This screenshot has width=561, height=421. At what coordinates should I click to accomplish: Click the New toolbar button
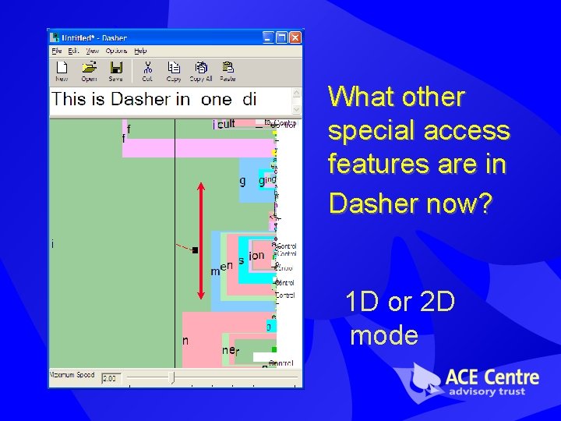point(62,70)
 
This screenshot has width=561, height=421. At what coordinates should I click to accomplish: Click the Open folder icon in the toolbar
point(89,70)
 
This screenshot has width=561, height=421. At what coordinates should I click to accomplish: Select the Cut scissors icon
point(147,70)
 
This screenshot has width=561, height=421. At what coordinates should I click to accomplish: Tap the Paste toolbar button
point(228,70)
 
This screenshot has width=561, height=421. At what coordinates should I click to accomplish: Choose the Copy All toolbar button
point(201,70)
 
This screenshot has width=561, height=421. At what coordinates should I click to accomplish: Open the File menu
point(57,50)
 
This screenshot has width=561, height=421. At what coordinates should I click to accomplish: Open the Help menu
point(140,50)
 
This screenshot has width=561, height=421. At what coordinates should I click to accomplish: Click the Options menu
point(116,50)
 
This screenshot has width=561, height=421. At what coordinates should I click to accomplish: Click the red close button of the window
point(295,37)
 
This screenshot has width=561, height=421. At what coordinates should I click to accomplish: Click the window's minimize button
point(268,37)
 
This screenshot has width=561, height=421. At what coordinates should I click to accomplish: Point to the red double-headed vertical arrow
point(201,241)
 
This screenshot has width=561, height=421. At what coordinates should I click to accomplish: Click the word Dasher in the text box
point(140,99)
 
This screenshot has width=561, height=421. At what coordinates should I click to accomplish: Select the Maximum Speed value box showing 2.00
point(111,378)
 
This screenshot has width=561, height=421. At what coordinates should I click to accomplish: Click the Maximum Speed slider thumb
point(172,378)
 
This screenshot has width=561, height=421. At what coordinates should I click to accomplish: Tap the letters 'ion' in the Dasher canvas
point(256,255)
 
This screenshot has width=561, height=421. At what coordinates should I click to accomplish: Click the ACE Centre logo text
point(491,378)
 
